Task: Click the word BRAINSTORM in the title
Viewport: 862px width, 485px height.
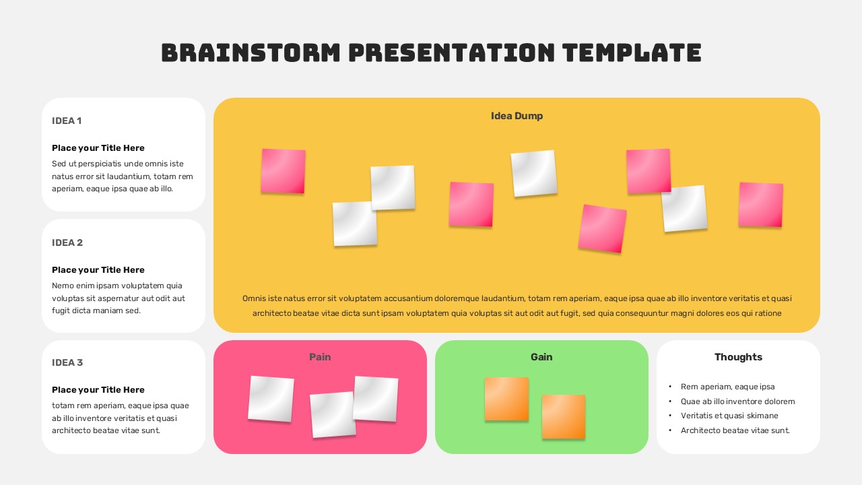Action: tap(251, 53)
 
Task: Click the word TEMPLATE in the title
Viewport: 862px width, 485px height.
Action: tap(632, 53)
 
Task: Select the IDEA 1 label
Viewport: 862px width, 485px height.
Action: tap(67, 121)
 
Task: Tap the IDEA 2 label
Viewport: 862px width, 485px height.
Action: tap(67, 243)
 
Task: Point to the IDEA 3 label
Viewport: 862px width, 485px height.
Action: tap(67, 362)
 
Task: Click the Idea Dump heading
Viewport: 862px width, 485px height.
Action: tap(517, 116)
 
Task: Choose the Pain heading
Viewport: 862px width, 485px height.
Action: tap(320, 357)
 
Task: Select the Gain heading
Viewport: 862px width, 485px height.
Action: tap(541, 357)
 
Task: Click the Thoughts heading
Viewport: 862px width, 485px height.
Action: tap(739, 357)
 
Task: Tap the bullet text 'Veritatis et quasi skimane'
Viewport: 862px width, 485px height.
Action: tap(729, 416)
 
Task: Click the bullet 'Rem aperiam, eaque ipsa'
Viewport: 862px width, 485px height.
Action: tap(728, 387)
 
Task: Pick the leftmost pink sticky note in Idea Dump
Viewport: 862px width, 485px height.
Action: tap(284, 171)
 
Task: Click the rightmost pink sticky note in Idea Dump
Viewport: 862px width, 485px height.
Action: tap(761, 205)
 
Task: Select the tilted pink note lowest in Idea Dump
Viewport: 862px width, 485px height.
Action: tap(602, 228)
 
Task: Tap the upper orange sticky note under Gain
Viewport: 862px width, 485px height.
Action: tap(506, 399)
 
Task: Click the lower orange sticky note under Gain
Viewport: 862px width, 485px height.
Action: tap(564, 416)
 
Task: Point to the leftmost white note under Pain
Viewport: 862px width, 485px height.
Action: tap(271, 399)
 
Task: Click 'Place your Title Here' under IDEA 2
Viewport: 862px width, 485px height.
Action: tap(98, 270)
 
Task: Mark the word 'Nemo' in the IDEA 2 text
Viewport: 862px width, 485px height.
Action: tap(61, 286)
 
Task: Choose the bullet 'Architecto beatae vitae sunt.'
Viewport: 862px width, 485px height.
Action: tap(735, 430)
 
